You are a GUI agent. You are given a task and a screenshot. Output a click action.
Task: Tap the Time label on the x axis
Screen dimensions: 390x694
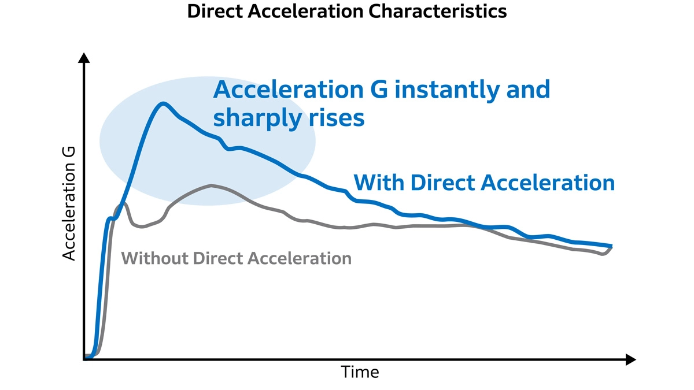pyautogui.click(x=360, y=372)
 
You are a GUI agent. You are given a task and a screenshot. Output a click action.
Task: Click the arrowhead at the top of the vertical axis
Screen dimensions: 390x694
pyautogui.click(x=84, y=57)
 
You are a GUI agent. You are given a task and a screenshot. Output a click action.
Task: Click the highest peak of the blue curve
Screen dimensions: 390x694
pyautogui.click(x=164, y=104)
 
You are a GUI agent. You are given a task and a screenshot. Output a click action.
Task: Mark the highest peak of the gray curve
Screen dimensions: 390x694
pyautogui.click(x=211, y=185)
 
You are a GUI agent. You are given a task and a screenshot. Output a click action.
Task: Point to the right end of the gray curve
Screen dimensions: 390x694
pyautogui.click(x=611, y=247)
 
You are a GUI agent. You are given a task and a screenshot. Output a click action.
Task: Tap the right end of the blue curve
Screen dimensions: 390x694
pyautogui.click(x=611, y=246)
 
